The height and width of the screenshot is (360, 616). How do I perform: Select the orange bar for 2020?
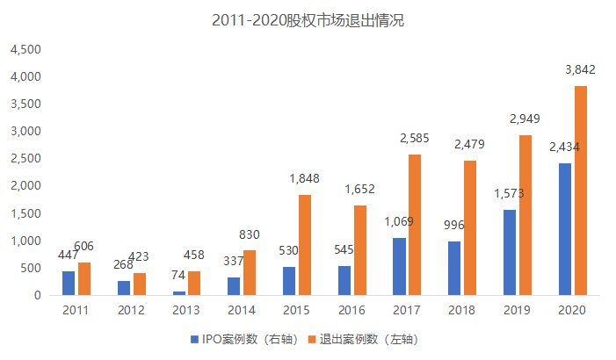click(x=580, y=191)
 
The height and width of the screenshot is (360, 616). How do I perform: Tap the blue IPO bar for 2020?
click(x=565, y=229)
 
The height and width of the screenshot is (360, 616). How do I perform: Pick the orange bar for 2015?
click(x=305, y=245)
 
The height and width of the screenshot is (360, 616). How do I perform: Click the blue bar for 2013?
click(x=179, y=293)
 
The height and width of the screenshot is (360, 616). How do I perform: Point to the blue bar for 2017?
click(x=400, y=266)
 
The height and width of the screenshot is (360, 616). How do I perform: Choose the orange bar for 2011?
click(x=84, y=278)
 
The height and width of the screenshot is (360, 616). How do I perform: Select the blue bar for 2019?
click(x=510, y=252)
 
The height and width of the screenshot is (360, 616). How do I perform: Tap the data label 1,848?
click(x=305, y=180)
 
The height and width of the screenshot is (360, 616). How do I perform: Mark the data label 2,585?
click(x=415, y=139)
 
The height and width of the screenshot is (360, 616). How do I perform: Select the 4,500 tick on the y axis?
click(x=25, y=49)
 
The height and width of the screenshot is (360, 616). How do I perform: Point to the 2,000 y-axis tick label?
click(x=25, y=186)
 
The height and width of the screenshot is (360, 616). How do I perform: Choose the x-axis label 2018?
click(x=462, y=310)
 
